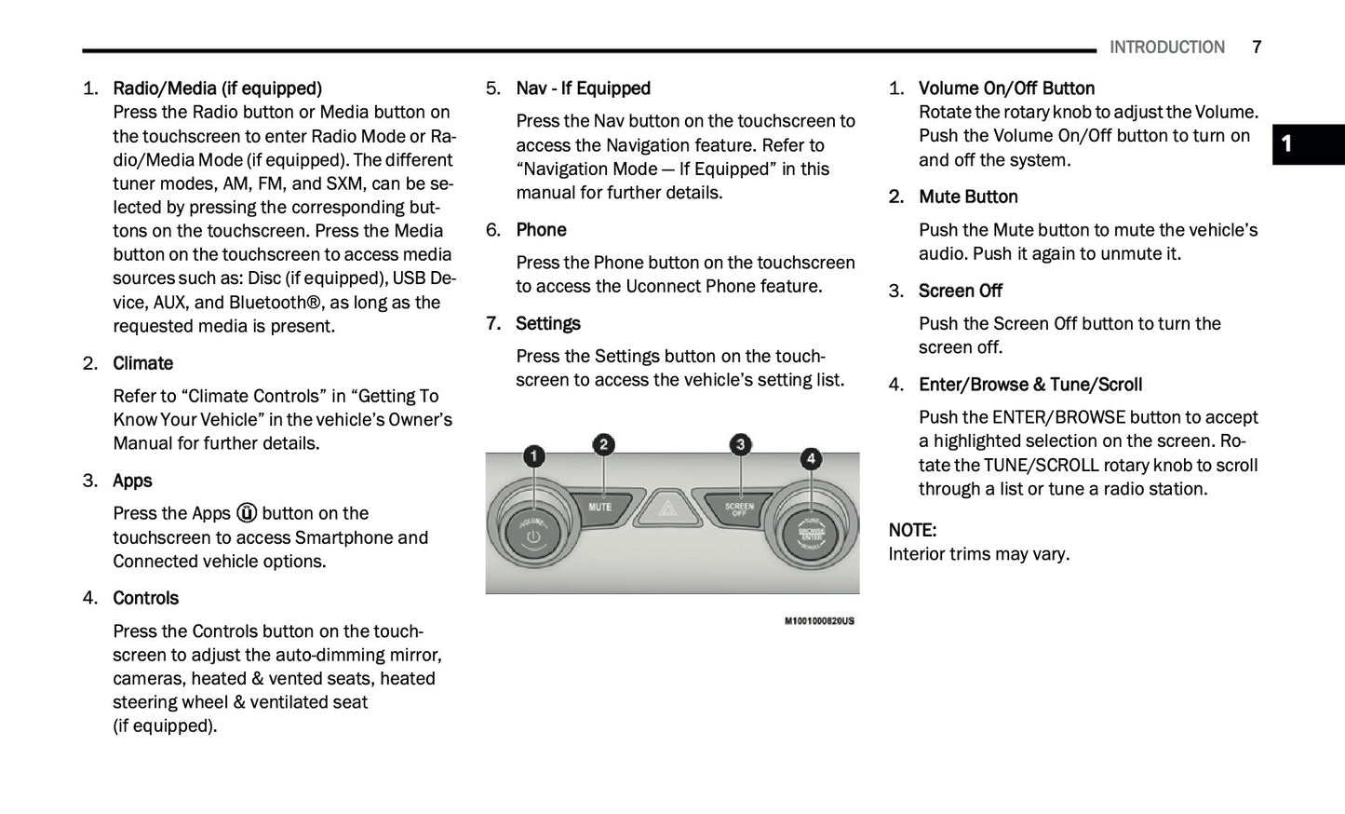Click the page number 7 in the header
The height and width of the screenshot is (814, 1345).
pos(1257,47)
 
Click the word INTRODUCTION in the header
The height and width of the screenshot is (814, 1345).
pos(1166,47)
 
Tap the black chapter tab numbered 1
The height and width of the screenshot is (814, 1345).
pos(1307,144)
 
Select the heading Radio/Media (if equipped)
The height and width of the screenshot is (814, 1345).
pos(217,88)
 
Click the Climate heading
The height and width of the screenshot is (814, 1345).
pos(142,363)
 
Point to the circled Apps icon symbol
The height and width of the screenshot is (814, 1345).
pos(247,513)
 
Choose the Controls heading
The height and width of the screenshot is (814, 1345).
pos(145,598)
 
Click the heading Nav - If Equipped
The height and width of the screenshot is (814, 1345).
pos(583,88)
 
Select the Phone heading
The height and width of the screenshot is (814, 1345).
pos(541,230)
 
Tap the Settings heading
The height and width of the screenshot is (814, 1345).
pos(547,323)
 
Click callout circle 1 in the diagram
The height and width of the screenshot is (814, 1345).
pos(533,456)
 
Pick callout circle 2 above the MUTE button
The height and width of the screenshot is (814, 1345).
pos(603,445)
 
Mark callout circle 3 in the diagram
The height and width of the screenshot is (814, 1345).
pos(740,445)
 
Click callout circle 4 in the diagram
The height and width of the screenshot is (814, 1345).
pos(811,458)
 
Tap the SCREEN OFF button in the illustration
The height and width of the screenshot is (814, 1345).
pos(739,509)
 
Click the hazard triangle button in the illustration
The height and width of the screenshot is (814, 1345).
pos(667,509)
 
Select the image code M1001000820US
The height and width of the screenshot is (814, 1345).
pos(819,620)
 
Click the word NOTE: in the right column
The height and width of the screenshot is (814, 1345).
pos(912,530)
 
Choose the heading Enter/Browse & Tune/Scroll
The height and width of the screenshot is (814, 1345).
pos(1029,385)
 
